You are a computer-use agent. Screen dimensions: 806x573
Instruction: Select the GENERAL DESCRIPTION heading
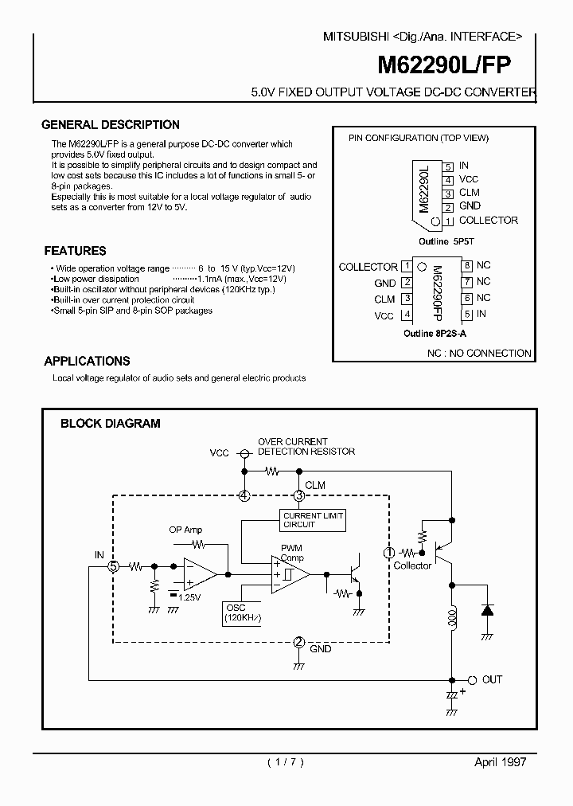[111, 125]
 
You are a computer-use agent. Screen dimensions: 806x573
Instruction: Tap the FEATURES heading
[75, 250]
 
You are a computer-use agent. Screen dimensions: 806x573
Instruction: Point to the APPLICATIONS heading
[87, 361]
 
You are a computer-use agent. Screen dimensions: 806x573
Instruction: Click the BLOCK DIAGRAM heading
[111, 424]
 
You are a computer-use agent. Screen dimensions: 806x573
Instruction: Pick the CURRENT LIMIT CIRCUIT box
[313, 520]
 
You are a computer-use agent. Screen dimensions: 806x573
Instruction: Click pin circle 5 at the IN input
[113, 566]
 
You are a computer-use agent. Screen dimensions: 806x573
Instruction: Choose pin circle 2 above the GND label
[298, 642]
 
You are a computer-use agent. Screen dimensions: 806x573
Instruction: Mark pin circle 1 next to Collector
[389, 552]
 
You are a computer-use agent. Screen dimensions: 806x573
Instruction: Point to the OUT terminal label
[492, 679]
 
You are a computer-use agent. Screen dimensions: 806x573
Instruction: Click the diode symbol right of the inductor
[485, 611]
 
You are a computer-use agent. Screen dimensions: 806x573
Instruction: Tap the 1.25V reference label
[189, 597]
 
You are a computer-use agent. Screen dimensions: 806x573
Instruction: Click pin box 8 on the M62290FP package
[468, 266]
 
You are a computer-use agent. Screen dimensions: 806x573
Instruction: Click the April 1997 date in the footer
[500, 761]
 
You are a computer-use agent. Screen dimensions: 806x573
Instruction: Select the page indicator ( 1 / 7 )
[284, 761]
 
